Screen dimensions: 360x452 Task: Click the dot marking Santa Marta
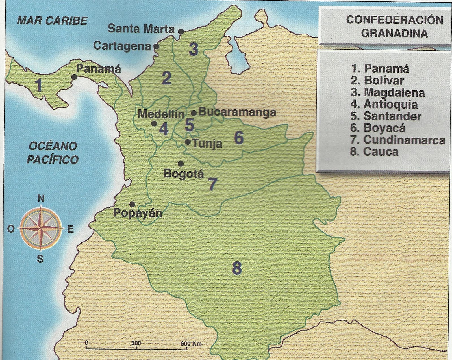[181, 32]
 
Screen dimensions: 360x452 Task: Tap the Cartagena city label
[122, 46]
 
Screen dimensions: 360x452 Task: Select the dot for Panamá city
[74, 77]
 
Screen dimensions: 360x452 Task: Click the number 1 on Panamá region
[39, 85]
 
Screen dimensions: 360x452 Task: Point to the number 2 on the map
[166, 78]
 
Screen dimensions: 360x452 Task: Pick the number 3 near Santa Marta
[194, 49]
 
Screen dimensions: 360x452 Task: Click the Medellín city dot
[154, 123]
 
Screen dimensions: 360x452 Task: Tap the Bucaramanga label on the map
[237, 112]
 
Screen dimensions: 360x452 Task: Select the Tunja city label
[207, 144]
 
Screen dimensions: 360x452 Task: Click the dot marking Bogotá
[181, 164]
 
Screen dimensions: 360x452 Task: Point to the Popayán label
[138, 213]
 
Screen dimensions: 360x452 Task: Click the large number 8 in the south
[237, 268]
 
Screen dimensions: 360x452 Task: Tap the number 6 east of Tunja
[239, 138]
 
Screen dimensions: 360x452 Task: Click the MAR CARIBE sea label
[52, 21]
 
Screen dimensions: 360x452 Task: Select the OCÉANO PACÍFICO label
[53, 153]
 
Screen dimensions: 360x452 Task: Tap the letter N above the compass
[41, 199]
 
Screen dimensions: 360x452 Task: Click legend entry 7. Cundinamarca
[398, 140]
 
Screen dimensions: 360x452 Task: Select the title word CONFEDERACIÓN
[394, 20]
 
